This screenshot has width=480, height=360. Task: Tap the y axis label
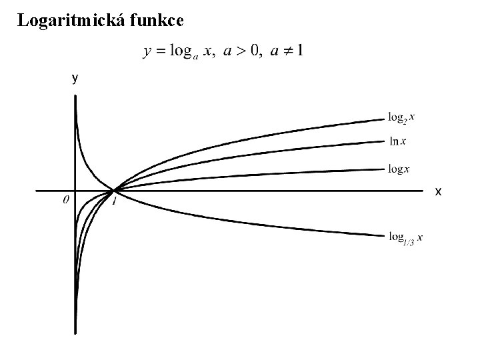[75, 79]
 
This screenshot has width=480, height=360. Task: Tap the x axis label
[438, 192]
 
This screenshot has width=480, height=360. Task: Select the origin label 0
[65, 199]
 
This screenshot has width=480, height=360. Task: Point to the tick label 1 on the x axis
[115, 201]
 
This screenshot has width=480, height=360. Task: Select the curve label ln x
[398, 141]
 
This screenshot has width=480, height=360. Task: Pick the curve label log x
[399, 169]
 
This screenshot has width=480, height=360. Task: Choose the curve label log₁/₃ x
[405, 238]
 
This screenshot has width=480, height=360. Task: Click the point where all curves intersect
[114, 191]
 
